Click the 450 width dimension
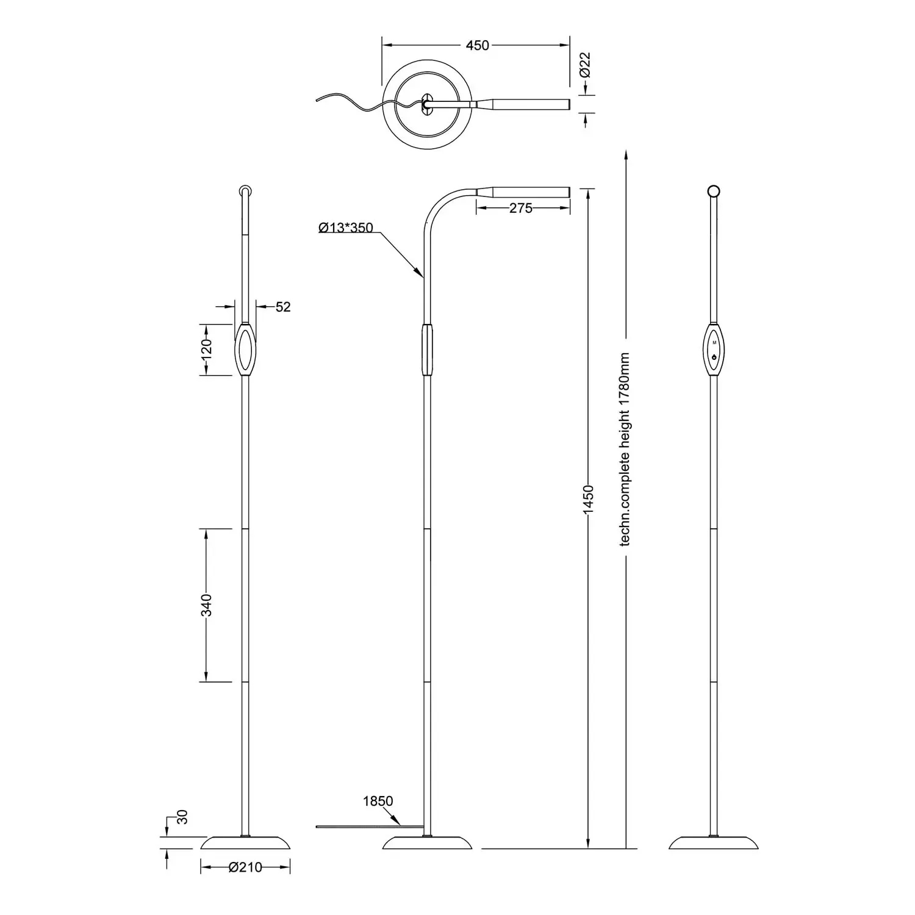tap(477, 45)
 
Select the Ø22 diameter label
tap(585, 65)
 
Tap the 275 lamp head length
tap(521, 208)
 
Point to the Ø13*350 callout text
tap(346, 228)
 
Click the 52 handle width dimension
tap(283, 307)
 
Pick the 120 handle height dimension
tap(207, 348)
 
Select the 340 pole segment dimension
tap(207, 605)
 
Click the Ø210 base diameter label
tap(245, 867)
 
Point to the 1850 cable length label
tap(378, 801)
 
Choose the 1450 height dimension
tap(588, 500)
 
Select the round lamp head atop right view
tap(713, 191)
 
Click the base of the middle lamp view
tap(428, 842)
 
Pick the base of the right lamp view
tap(714, 842)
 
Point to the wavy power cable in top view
tap(360, 104)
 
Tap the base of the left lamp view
tap(246, 842)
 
